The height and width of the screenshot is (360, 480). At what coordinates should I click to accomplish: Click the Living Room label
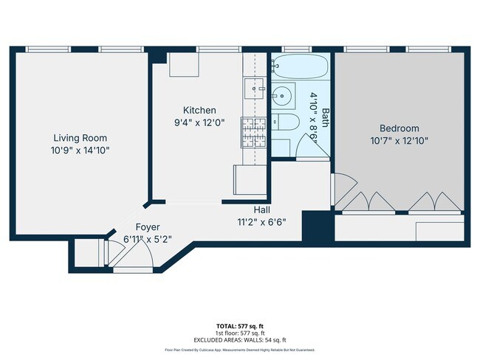[x=80, y=138]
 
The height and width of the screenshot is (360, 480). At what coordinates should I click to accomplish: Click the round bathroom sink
[x=282, y=94]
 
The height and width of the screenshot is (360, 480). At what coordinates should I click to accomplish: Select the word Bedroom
[x=399, y=128]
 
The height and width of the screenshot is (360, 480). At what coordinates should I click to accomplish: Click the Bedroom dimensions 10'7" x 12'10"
[x=399, y=140]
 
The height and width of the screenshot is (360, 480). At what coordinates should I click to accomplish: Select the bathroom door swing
[x=309, y=148]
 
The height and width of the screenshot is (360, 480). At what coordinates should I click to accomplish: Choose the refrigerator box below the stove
[x=248, y=179]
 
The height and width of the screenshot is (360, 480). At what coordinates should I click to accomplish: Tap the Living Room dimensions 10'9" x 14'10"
[x=80, y=150]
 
